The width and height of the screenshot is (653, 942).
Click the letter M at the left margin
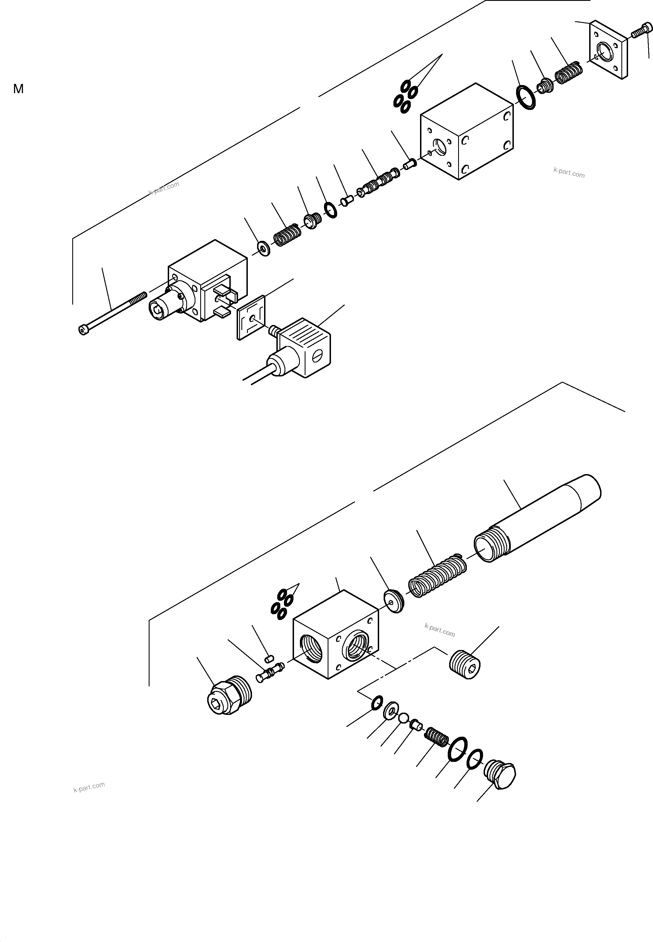tap(18, 89)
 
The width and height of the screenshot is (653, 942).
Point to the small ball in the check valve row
tap(404, 718)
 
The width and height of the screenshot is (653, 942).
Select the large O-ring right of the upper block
tap(527, 98)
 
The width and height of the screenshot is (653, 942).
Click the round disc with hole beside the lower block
tap(394, 601)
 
